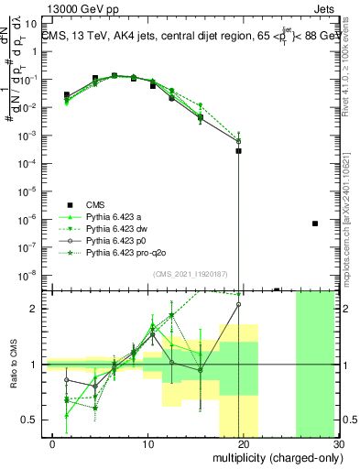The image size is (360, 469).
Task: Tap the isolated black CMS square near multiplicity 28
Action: [x=315, y=224]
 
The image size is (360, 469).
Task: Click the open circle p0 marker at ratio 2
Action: [x=238, y=305]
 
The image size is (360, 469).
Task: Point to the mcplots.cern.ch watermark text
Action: [x=349, y=220]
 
